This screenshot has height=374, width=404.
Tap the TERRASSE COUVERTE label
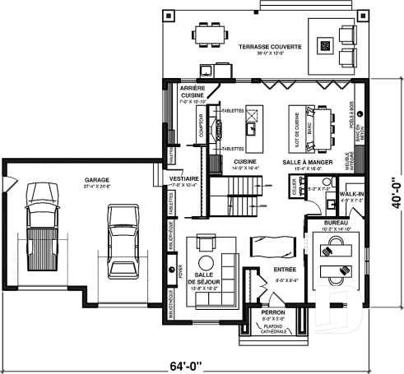pos(270,48)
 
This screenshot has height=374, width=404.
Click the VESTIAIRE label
pos(182,178)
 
